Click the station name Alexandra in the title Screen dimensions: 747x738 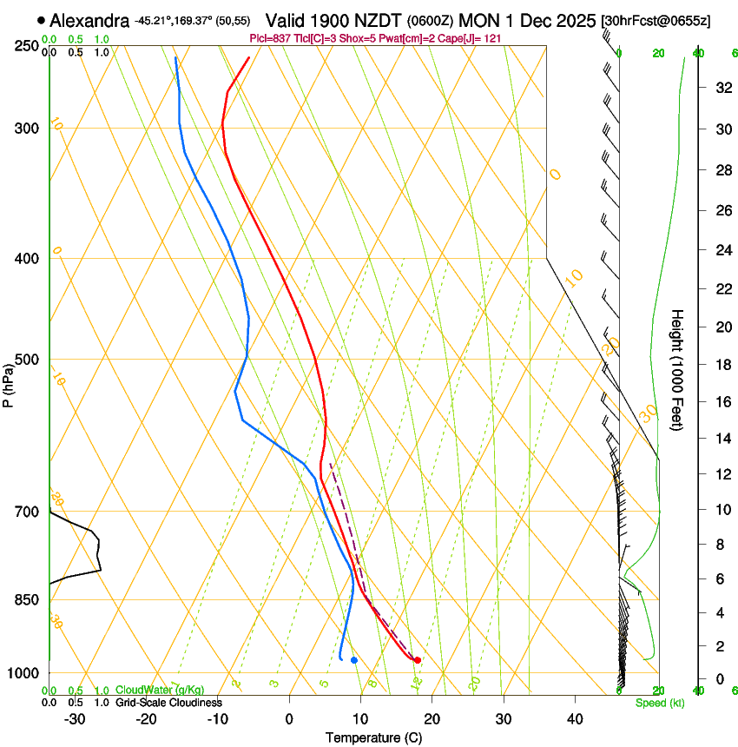tap(89, 20)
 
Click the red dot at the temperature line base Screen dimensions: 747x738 tap(418, 660)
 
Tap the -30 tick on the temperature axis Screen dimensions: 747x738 tap(75, 718)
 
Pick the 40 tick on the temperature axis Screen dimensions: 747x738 tap(575, 718)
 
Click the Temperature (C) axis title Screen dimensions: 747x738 tap(373, 737)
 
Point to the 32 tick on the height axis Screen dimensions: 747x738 tap(722, 88)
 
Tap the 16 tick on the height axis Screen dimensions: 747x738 tap(722, 402)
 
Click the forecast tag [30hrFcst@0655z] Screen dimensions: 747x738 tap(656, 20)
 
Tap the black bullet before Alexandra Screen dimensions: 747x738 tap(41, 20)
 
